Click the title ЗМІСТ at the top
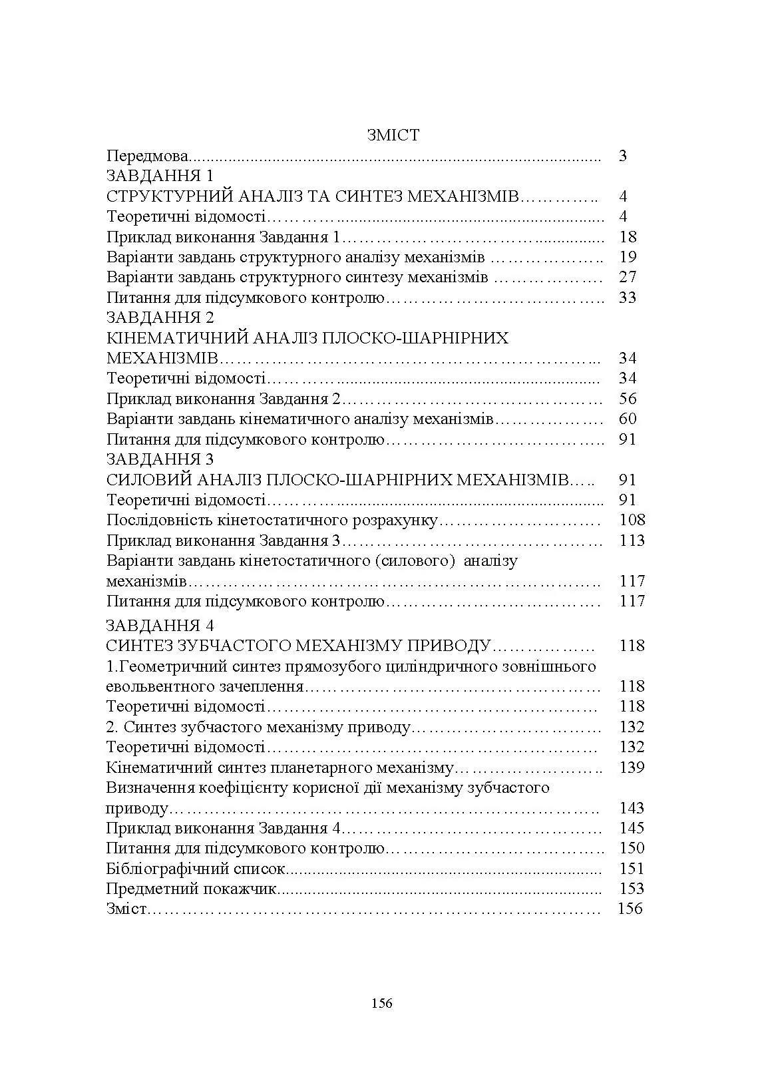click(393, 135)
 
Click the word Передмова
click(147, 156)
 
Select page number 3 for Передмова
click(622, 156)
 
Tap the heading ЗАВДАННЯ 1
click(160, 176)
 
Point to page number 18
click(627, 237)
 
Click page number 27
click(627, 278)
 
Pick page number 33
click(627, 298)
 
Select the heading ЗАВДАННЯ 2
click(160, 318)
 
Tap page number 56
click(627, 399)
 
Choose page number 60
click(627, 419)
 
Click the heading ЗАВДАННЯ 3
click(160, 459)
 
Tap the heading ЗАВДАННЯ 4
click(160, 626)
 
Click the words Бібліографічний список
click(196, 869)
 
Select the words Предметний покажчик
click(190, 889)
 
